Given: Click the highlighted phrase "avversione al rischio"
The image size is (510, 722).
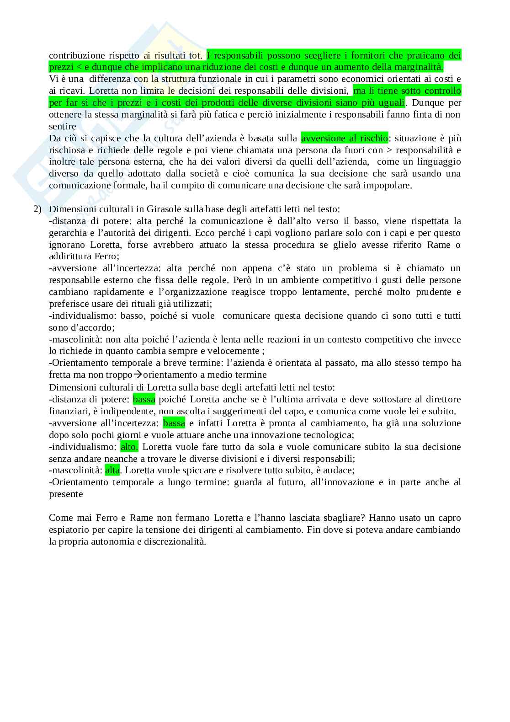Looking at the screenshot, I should click(x=344, y=138).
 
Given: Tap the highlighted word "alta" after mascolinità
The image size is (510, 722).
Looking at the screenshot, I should click(x=112, y=470).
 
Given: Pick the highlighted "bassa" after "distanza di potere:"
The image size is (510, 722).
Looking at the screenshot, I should click(x=144, y=400).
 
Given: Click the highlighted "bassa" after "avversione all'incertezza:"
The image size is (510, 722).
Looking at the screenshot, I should click(x=174, y=423).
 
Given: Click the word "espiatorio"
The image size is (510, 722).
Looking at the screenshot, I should click(x=69, y=529).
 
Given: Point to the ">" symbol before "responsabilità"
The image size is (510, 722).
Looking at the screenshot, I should click(x=389, y=150).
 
